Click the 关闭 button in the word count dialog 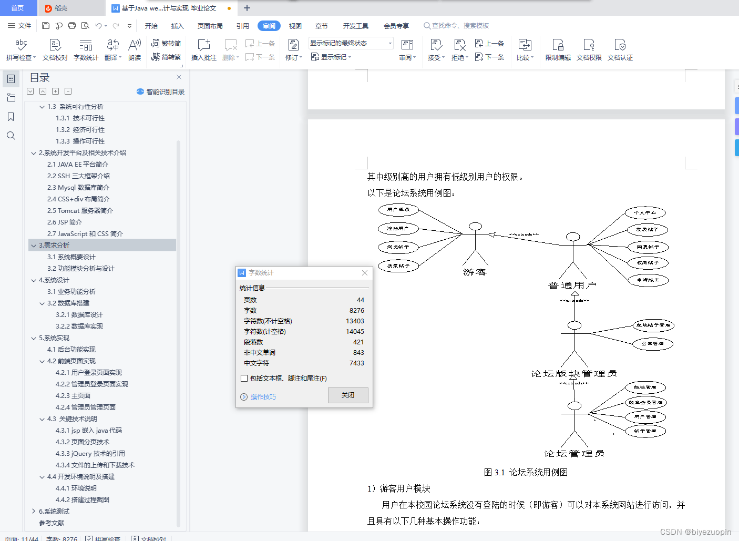pyautogui.click(x=348, y=395)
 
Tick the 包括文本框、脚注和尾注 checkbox pyautogui.click(x=244, y=379)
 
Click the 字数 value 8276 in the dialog pyautogui.click(x=356, y=311)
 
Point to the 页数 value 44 pyautogui.click(x=360, y=300)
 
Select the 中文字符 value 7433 pyautogui.click(x=356, y=363)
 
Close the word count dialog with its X pyautogui.click(x=365, y=273)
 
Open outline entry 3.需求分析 pyautogui.click(x=54, y=246)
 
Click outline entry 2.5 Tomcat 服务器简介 pyautogui.click(x=80, y=211)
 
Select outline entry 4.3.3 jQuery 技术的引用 pyautogui.click(x=90, y=454)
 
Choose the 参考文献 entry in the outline pyautogui.click(x=52, y=523)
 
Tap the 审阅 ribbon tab pyautogui.click(x=269, y=26)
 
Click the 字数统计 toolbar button pyautogui.click(x=86, y=50)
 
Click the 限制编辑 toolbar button pyautogui.click(x=558, y=50)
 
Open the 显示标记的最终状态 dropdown pyautogui.click(x=351, y=43)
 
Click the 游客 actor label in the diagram pyautogui.click(x=475, y=272)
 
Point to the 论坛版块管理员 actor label pyautogui.click(x=573, y=374)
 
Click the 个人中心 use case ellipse pyautogui.click(x=645, y=213)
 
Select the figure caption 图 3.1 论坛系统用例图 pyautogui.click(x=526, y=472)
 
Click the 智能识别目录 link pyautogui.click(x=161, y=91)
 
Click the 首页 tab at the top pyautogui.click(x=18, y=8)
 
